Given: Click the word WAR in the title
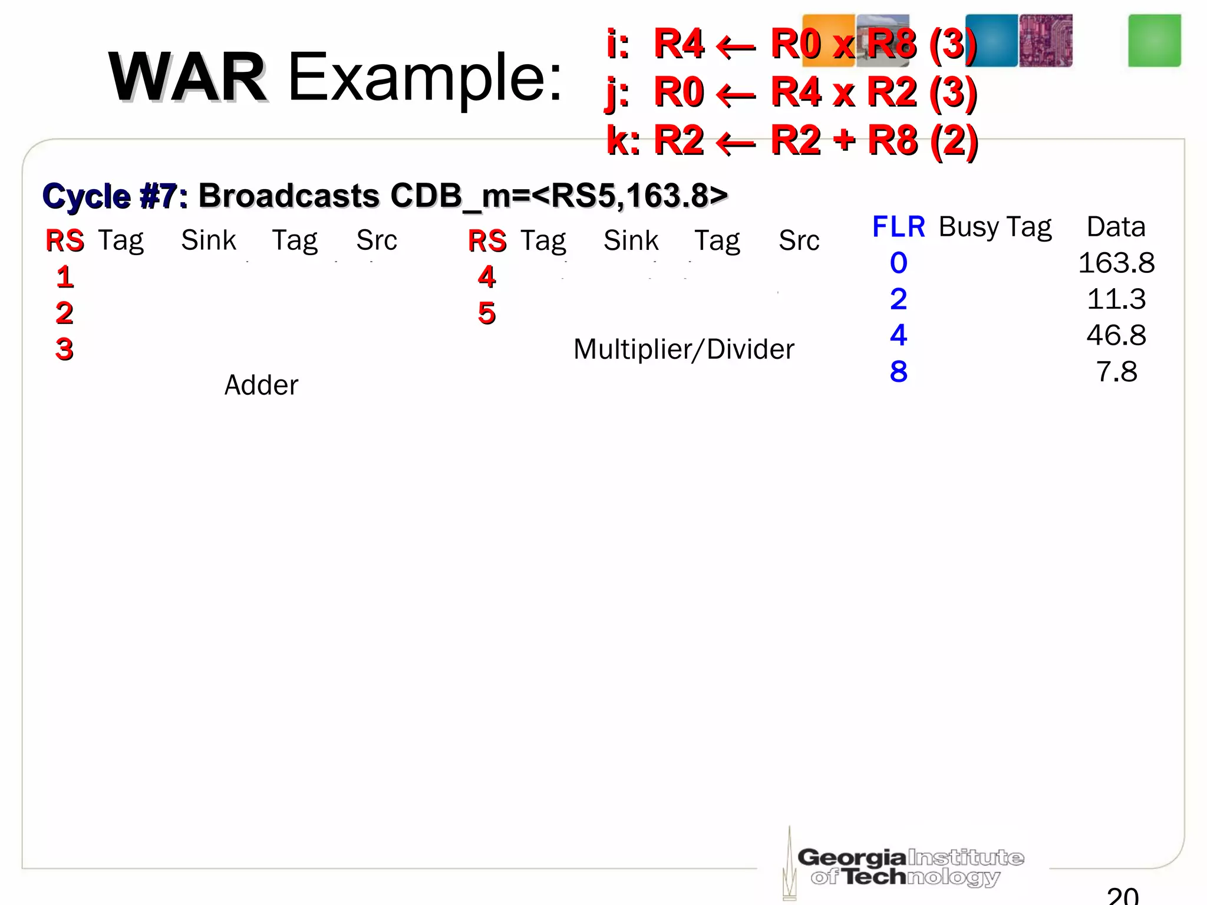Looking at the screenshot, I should (187, 78).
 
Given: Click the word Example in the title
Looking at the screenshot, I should (424, 78).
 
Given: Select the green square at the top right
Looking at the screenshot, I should (1154, 41).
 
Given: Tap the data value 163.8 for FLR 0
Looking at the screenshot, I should (1116, 263).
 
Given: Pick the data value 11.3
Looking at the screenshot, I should (1116, 299).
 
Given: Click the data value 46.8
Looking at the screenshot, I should (1116, 335).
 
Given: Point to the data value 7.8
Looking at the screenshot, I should (1116, 372).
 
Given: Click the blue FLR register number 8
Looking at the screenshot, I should (898, 372).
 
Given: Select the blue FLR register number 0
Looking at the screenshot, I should (898, 263).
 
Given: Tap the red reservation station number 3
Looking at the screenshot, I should (64, 349).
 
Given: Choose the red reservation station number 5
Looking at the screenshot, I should (487, 313).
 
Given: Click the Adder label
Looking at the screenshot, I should (261, 385).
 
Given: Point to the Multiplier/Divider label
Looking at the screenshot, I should (684, 349).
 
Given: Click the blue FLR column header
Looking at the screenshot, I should (898, 227).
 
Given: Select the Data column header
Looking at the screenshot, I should (1116, 227).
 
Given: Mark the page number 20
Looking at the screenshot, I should (1122, 896).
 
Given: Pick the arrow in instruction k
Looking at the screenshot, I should (736, 143).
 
